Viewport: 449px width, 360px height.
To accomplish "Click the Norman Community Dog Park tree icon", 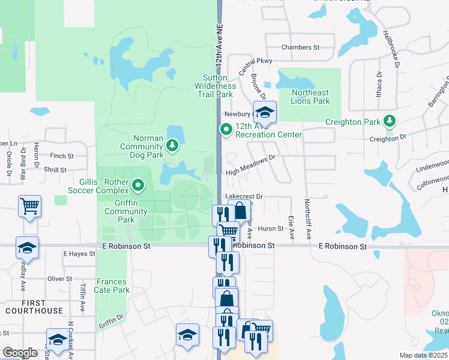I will (173, 145).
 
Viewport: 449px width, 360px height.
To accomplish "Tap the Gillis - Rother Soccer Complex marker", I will (139, 185).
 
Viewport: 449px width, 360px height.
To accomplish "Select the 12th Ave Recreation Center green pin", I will (226, 129).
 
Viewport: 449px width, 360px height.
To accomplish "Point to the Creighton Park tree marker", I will (390, 122).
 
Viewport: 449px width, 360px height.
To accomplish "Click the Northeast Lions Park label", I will (310, 97).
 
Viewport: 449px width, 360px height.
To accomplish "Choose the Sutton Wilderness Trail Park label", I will (214, 86).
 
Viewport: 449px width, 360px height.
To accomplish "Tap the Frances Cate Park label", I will (112, 286).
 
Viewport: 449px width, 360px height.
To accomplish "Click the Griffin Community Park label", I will (126, 215).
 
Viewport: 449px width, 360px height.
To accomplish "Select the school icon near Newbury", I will (264, 112).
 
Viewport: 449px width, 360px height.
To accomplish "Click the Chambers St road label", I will (300, 47).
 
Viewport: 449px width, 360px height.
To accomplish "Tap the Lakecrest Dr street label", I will (244, 196).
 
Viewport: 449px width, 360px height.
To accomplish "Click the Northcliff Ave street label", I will (307, 220).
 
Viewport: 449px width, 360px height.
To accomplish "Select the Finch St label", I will (62, 155).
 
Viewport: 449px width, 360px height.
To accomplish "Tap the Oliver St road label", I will (60, 279).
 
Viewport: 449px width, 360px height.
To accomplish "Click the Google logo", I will (20, 352).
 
